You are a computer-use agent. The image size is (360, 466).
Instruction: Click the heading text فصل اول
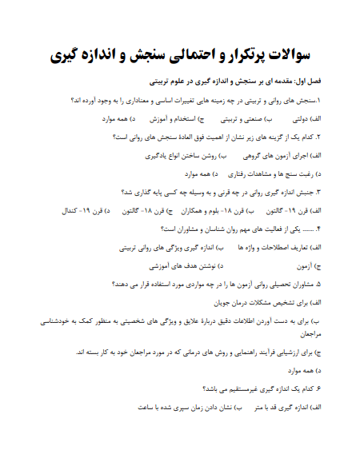(305, 82)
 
